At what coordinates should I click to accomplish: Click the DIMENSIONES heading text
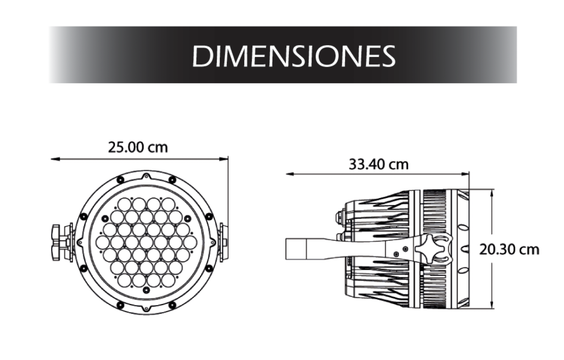click(x=293, y=55)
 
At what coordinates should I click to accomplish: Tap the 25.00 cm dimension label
click(x=138, y=147)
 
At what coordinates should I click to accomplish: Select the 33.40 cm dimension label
click(x=378, y=164)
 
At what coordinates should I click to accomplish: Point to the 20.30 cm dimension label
click(x=509, y=250)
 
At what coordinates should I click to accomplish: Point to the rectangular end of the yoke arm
click(x=296, y=249)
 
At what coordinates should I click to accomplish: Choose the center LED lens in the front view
click(x=146, y=242)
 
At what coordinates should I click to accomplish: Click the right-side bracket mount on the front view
click(x=223, y=242)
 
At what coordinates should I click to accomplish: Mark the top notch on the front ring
click(x=146, y=176)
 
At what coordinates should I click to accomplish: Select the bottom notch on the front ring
click(x=146, y=308)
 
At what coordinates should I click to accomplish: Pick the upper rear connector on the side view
click(x=340, y=216)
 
